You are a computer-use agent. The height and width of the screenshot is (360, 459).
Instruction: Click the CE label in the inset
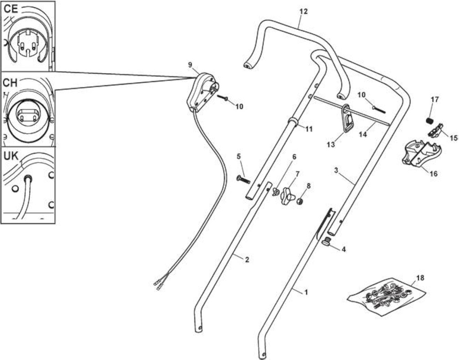tap(11, 9)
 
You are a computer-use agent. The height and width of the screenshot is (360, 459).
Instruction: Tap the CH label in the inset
tap(10, 83)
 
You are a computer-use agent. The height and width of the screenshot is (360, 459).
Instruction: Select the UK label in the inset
tap(11, 157)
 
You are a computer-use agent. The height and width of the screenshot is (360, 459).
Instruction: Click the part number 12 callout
tap(304, 11)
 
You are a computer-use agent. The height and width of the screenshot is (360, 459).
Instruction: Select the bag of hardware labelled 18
tap(386, 295)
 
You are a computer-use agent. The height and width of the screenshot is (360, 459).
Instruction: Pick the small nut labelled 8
tap(300, 202)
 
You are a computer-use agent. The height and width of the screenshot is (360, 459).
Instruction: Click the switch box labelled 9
tap(202, 92)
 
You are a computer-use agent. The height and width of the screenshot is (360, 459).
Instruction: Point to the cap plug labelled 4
tap(326, 243)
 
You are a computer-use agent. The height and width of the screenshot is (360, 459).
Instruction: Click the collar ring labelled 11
tap(293, 122)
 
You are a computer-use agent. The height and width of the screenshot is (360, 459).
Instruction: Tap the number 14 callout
tap(363, 135)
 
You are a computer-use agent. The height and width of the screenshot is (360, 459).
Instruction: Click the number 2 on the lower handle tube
tap(247, 259)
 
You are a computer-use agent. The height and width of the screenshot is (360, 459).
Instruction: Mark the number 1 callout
tap(306, 292)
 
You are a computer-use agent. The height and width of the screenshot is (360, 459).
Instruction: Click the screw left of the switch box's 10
tap(223, 98)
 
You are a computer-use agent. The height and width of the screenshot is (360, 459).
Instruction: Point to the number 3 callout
tap(336, 170)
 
